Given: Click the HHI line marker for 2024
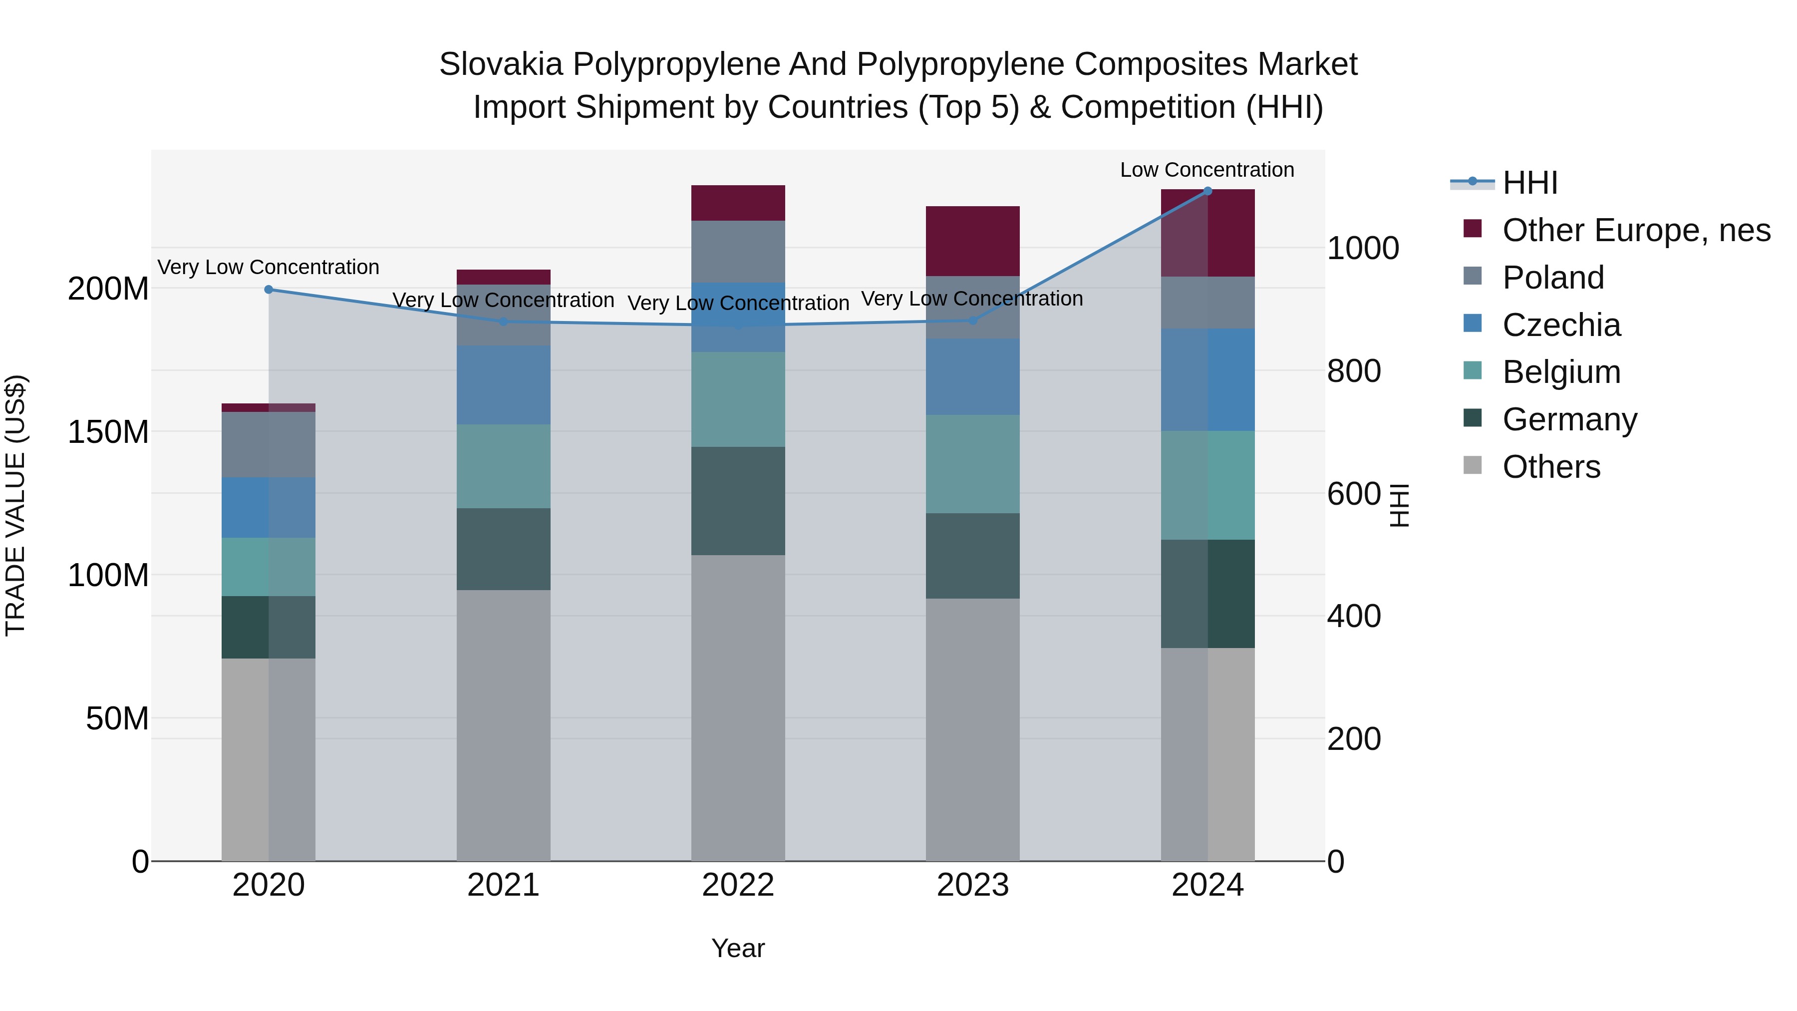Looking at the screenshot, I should pyautogui.click(x=1207, y=191).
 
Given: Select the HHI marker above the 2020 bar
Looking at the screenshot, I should pyautogui.click(x=269, y=290).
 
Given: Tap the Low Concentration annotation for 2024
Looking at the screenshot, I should pyautogui.click(x=1207, y=170).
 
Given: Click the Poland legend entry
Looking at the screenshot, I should pyautogui.click(x=1553, y=278).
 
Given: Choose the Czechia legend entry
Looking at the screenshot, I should pyautogui.click(x=1561, y=325).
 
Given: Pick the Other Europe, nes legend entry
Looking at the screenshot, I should pyautogui.click(x=1636, y=230).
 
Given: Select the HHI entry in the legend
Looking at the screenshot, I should pyautogui.click(x=1530, y=183).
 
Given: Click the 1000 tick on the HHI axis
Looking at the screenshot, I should pyautogui.click(x=1362, y=249).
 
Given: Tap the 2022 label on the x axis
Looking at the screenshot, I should pyautogui.click(x=738, y=885).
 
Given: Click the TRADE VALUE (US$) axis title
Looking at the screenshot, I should pyautogui.click(x=15, y=505).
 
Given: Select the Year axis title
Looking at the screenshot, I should pyautogui.click(x=738, y=948).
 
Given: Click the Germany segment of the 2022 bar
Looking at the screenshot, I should pyautogui.click(x=738, y=501).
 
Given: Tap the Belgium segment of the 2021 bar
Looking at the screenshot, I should pyautogui.click(x=503, y=466).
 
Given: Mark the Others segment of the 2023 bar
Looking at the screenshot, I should pyautogui.click(x=972, y=729).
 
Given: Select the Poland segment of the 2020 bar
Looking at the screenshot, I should pyautogui.click(x=269, y=444).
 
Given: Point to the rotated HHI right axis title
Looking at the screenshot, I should pyautogui.click(x=1399, y=505).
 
